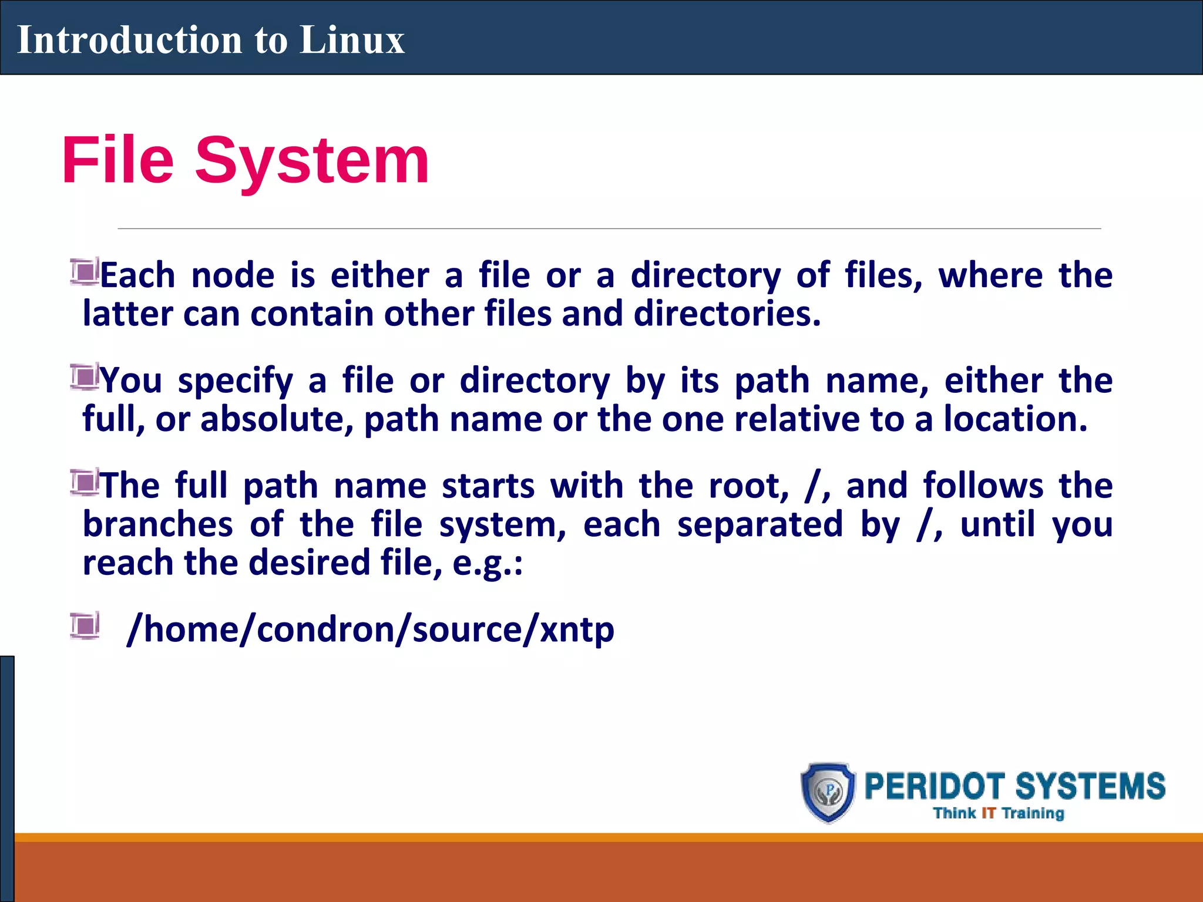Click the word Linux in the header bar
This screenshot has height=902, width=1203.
click(352, 40)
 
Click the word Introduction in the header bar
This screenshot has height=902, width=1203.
click(129, 40)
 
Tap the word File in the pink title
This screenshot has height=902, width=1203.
click(117, 160)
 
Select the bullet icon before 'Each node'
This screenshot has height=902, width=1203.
click(85, 272)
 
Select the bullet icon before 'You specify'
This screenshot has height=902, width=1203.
click(85, 377)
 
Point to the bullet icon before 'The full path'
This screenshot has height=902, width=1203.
click(85, 482)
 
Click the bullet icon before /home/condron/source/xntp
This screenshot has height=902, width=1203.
click(85, 625)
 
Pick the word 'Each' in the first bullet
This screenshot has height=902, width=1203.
click(138, 275)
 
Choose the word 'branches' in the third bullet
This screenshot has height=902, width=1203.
click(157, 524)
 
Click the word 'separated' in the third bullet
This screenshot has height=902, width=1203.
click(760, 524)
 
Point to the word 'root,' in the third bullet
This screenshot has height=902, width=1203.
click(749, 487)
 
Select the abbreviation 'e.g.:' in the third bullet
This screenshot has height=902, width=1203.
click(488, 563)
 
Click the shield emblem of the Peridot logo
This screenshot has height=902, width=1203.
click(829, 792)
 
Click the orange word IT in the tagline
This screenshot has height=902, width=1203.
click(989, 813)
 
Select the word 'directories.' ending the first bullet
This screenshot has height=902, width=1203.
click(727, 314)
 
